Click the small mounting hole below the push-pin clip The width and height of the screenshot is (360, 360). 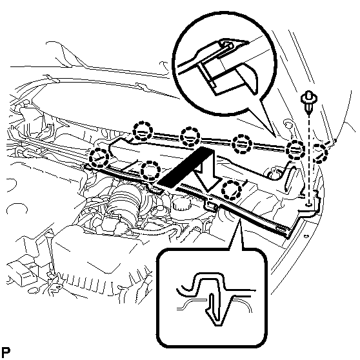tap(309, 204)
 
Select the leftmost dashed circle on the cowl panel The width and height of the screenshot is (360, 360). tap(99, 158)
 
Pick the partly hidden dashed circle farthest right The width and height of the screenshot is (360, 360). tap(321, 153)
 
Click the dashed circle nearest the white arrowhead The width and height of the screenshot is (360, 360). tap(232, 190)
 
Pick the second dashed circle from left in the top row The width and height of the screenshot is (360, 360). tap(190, 137)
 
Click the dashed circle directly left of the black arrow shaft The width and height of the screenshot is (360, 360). tap(150, 170)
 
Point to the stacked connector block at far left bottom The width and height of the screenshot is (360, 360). tap(23, 271)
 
